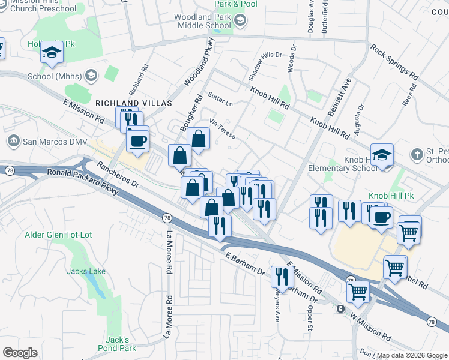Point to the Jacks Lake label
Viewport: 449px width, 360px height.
tap(86, 271)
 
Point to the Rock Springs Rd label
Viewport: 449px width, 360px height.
tap(394, 62)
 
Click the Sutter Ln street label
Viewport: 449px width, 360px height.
tap(220, 98)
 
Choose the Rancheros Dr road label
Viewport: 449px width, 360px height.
tap(118, 175)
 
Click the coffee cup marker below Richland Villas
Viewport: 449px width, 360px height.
tap(138, 142)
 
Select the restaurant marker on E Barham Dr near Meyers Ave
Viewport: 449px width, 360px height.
tap(280, 276)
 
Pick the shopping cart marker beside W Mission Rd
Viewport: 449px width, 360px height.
tap(358, 292)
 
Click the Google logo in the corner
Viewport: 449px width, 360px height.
tap(20, 353)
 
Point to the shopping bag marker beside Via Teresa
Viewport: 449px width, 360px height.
tap(198, 140)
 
